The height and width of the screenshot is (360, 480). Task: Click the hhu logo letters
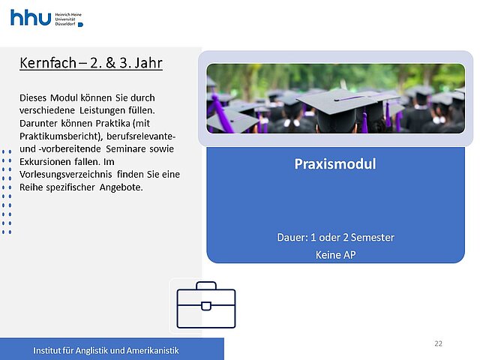coord(31,17)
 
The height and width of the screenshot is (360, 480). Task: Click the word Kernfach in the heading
coord(48,63)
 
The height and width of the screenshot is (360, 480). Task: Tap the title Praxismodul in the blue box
coord(335,164)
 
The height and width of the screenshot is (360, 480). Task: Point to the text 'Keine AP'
coord(336,255)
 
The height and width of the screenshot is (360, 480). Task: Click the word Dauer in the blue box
coord(292,238)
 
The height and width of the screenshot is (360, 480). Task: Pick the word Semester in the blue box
coord(373,238)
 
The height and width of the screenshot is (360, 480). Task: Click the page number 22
coord(438,343)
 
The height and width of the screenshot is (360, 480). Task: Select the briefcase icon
coord(206,305)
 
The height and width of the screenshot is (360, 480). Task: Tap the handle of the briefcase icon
coord(206,285)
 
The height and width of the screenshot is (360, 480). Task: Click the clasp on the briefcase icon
coord(206,306)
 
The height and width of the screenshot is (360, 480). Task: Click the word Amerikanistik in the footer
coord(153,350)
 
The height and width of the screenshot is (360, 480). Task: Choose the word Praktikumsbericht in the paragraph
coord(61,136)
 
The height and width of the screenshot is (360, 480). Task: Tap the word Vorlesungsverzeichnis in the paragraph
coord(66,175)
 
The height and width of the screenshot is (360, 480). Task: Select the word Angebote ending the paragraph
coord(121,187)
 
